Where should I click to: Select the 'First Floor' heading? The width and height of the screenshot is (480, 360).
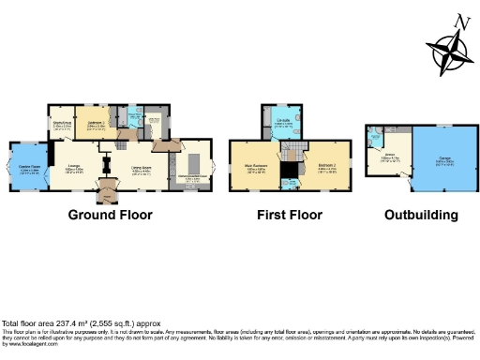(x=290, y=215)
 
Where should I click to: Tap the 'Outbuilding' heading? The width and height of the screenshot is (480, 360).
(x=421, y=215)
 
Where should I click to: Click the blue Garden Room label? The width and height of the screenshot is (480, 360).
(x=28, y=169)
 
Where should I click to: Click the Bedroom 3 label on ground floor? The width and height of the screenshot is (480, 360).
(x=96, y=123)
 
